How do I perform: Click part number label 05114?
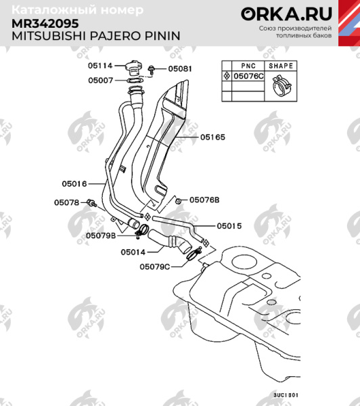(99, 66)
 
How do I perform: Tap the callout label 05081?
(180, 69)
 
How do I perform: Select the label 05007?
(99, 81)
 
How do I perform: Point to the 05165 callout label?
(212, 137)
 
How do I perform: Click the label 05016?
(74, 183)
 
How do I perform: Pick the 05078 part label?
(66, 202)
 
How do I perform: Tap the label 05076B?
(204, 200)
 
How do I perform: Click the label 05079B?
(99, 235)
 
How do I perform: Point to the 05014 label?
(133, 252)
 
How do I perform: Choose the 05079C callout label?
(154, 266)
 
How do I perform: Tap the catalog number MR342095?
(45, 22)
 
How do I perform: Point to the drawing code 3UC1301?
(285, 394)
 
